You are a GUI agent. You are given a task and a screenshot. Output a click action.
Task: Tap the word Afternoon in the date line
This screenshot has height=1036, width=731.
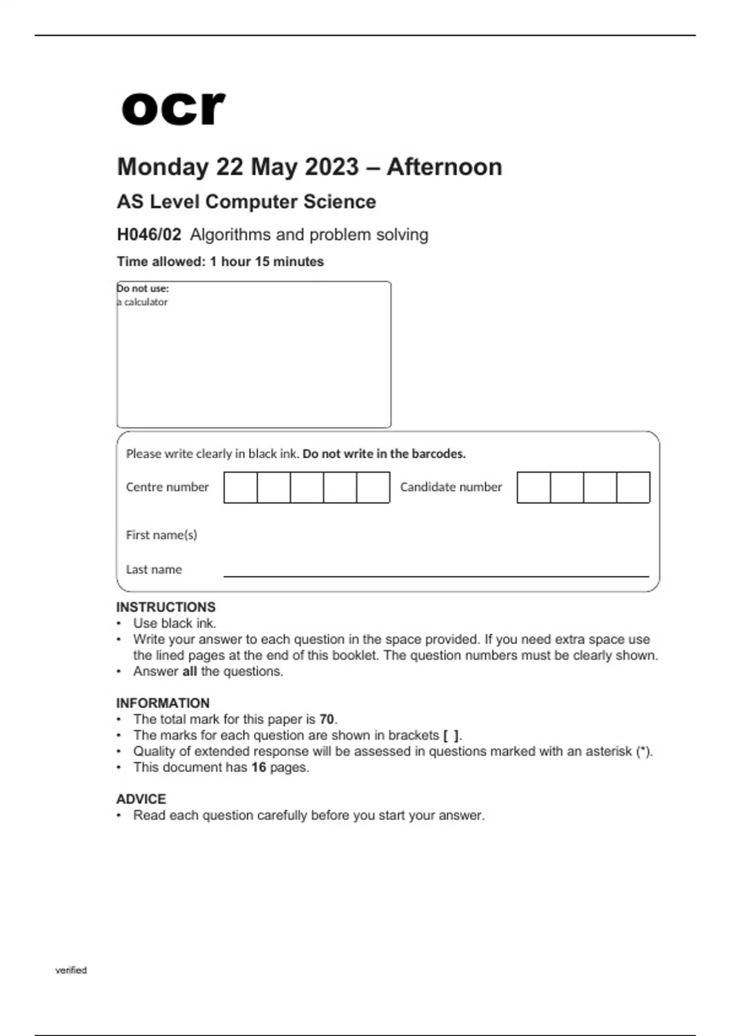pyautogui.click(x=444, y=167)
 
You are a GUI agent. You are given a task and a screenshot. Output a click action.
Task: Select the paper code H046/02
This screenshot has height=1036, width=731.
pyautogui.click(x=149, y=235)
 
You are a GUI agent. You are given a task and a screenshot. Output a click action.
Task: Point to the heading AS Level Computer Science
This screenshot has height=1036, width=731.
pyautogui.click(x=246, y=202)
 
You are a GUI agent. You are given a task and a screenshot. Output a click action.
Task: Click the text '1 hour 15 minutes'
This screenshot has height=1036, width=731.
pyautogui.click(x=267, y=261)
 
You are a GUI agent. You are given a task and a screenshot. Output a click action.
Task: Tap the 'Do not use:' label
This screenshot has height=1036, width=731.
pyautogui.click(x=143, y=288)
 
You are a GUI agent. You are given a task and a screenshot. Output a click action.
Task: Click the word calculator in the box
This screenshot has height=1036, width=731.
pyautogui.click(x=146, y=302)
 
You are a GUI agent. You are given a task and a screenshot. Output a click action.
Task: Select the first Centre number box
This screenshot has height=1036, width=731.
pyautogui.click(x=241, y=487)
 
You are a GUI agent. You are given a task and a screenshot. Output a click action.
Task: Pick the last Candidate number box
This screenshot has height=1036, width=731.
pyautogui.click(x=633, y=487)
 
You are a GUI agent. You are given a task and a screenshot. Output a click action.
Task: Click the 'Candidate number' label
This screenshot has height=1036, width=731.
pyautogui.click(x=451, y=487)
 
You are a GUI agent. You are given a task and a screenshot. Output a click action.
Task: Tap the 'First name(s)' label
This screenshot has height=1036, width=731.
pyautogui.click(x=161, y=534)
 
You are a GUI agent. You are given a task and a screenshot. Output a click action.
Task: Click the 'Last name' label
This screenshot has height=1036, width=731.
pyautogui.click(x=154, y=569)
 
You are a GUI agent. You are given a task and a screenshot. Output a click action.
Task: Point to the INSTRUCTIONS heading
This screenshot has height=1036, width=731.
pyautogui.click(x=166, y=607)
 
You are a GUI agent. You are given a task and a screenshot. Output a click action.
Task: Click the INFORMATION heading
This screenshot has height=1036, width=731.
pyautogui.click(x=163, y=703)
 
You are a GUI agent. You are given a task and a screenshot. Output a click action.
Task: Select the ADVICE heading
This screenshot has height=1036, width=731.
pyautogui.click(x=141, y=799)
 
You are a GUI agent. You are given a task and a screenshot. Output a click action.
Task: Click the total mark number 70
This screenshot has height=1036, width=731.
pyautogui.click(x=327, y=719)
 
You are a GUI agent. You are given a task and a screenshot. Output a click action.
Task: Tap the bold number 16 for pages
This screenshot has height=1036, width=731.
pyautogui.click(x=259, y=767)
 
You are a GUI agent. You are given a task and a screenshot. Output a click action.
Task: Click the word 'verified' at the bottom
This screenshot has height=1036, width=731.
pyautogui.click(x=71, y=970)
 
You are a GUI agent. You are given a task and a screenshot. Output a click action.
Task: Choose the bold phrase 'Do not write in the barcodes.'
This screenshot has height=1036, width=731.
pyautogui.click(x=384, y=453)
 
